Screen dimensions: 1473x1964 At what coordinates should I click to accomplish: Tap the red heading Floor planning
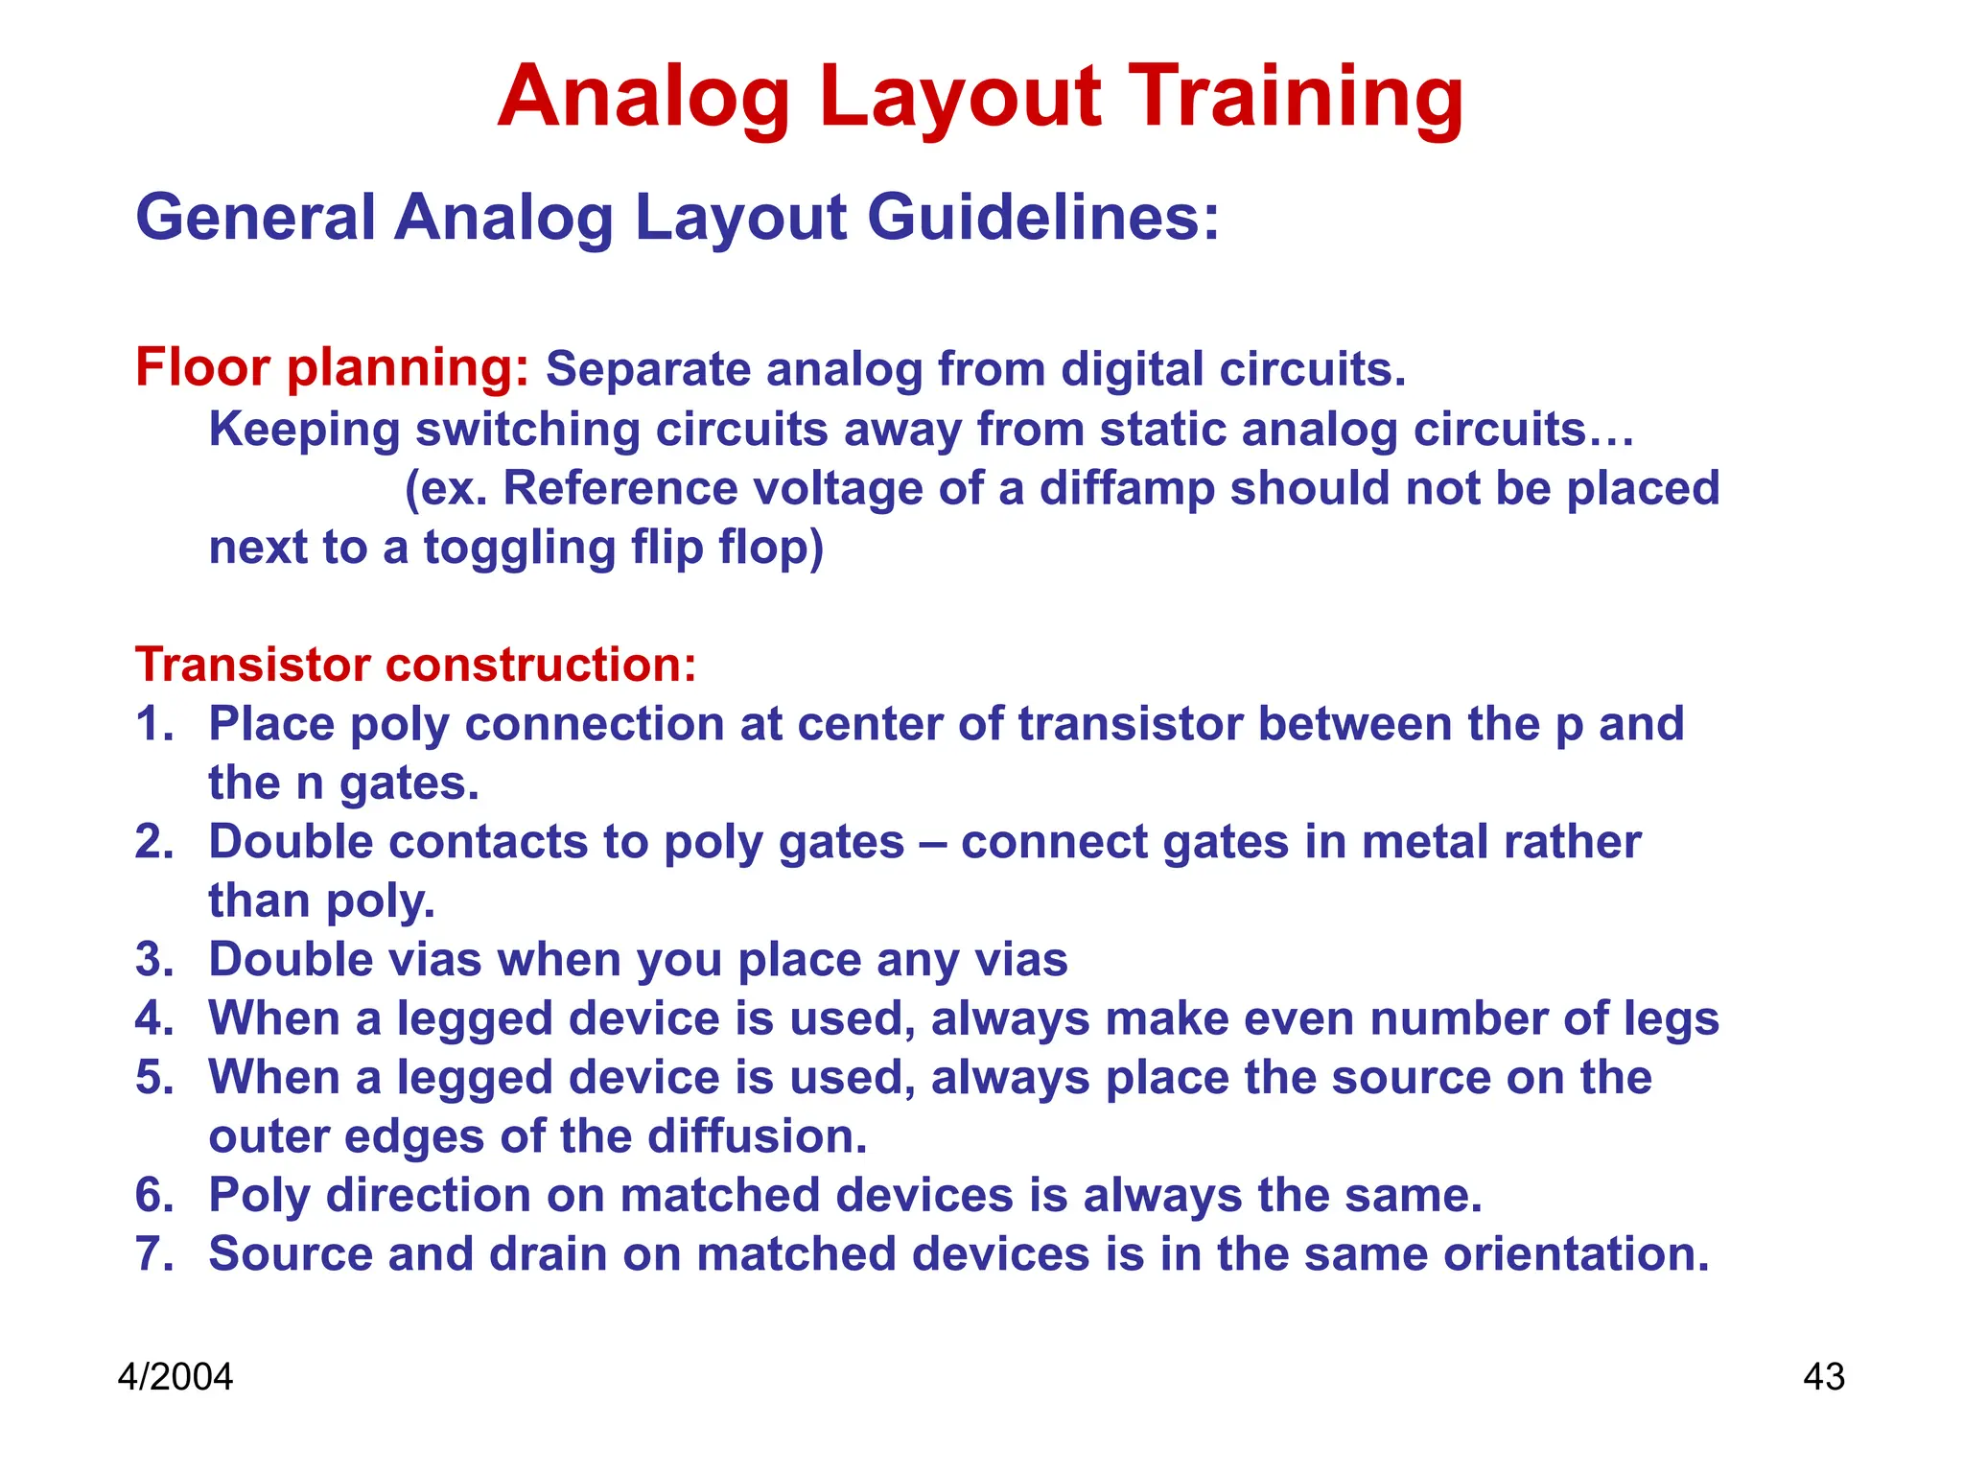pyautogui.click(x=332, y=368)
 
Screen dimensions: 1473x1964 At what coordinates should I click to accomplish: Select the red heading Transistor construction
pyautogui.click(x=415, y=665)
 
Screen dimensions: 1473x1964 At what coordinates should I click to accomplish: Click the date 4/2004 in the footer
pyautogui.click(x=175, y=1377)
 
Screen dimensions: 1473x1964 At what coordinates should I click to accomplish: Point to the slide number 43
pyautogui.click(x=1823, y=1377)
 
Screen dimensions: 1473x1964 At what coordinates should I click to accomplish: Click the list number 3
pyautogui.click(x=152, y=960)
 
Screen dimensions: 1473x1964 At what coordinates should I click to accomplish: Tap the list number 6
pyautogui.click(x=152, y=1196)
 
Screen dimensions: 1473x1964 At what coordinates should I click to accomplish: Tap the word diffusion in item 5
pyautogui.click(x=757, y=1136)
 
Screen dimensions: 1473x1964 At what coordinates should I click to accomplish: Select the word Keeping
pyautogui.click(x=304, y=430)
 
